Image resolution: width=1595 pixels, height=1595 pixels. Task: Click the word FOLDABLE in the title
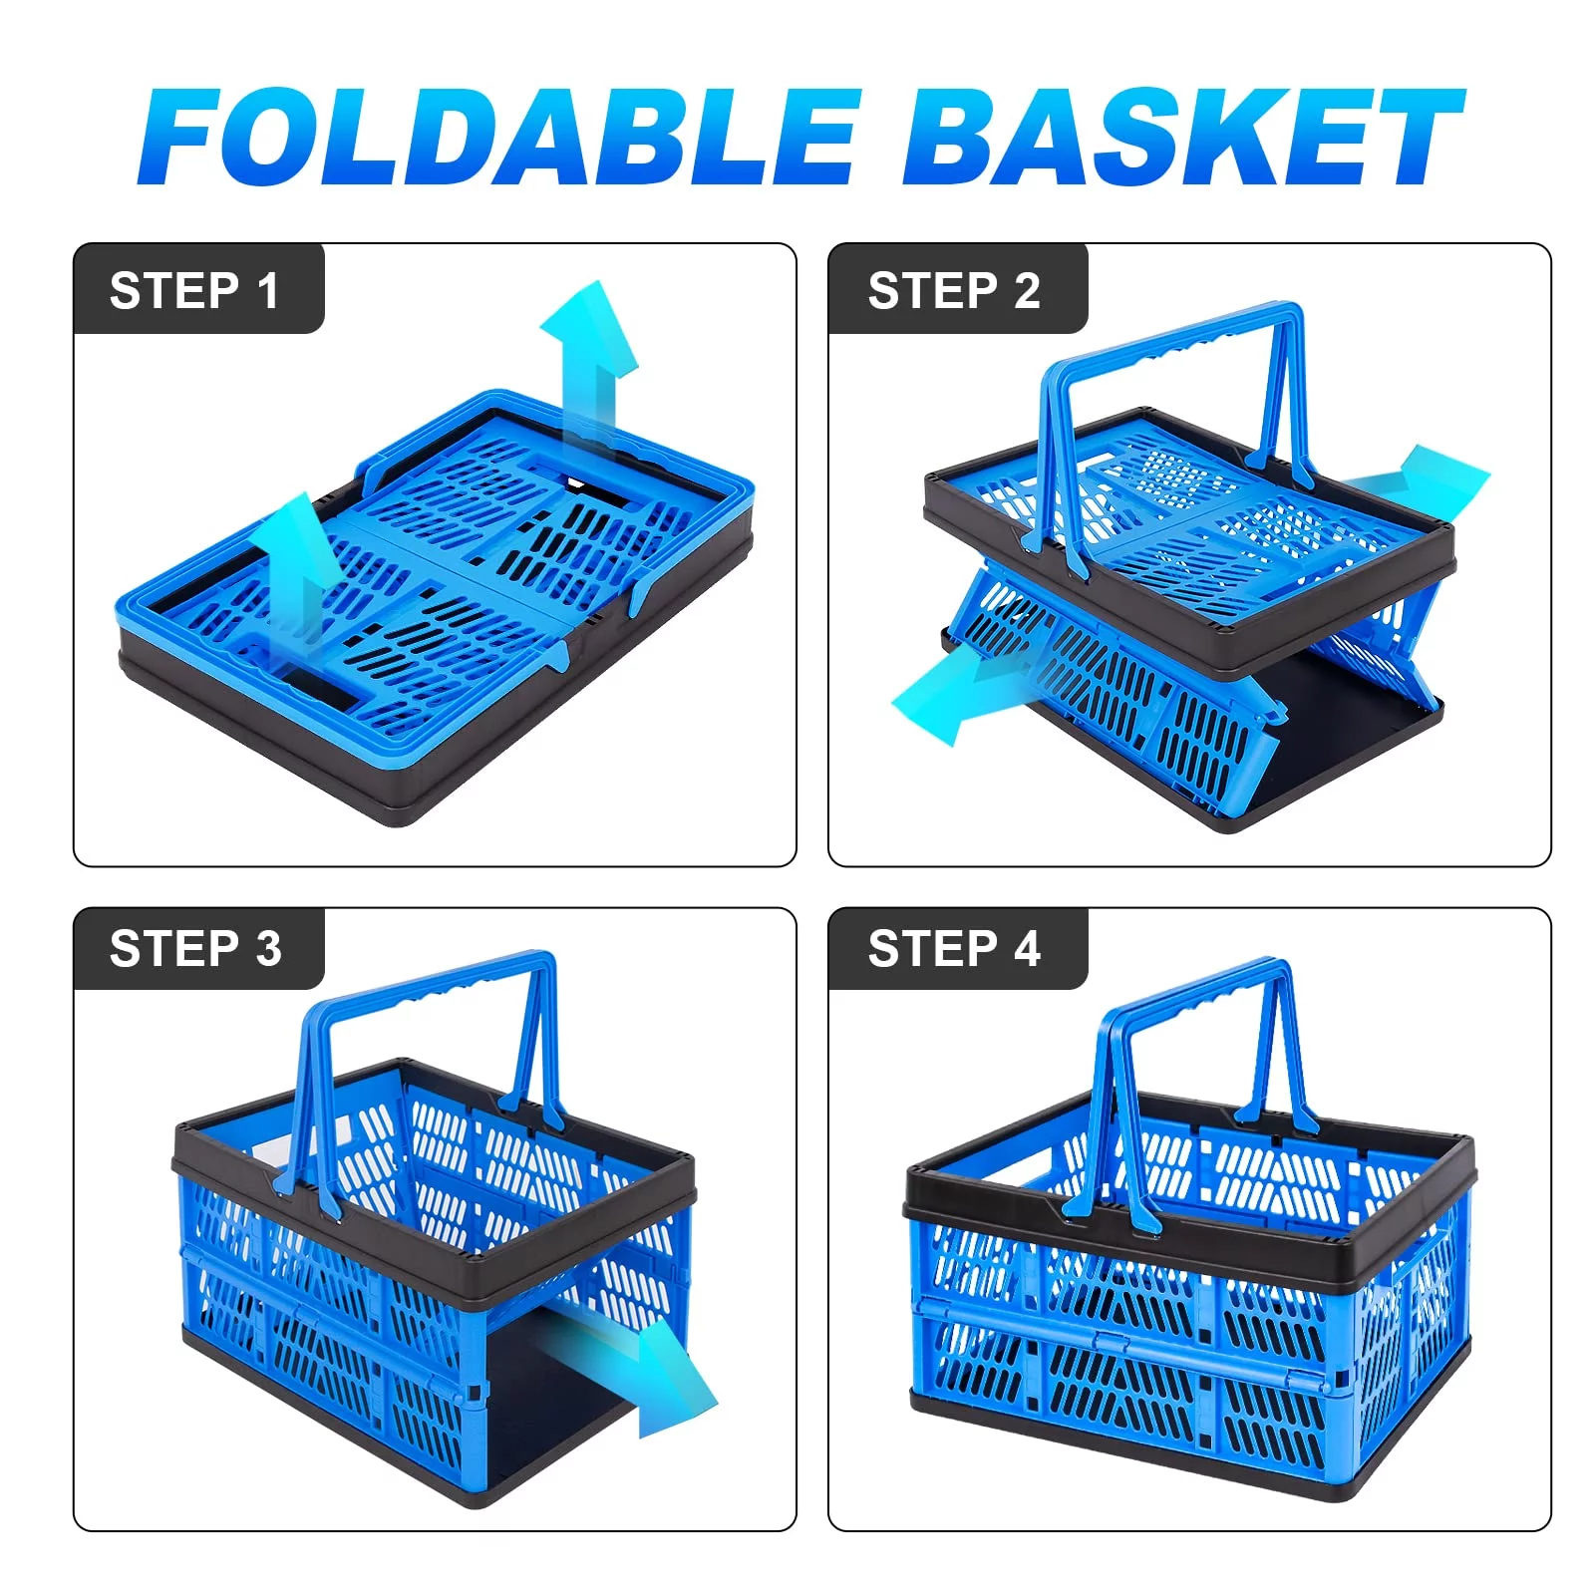point(498,137)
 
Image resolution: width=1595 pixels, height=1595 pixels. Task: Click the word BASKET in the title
point(1183,137)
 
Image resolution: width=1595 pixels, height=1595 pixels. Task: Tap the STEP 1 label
point(194,291)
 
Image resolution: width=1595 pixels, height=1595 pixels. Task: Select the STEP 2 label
point(954,291)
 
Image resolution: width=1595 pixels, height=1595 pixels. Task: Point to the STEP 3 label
point(195,948)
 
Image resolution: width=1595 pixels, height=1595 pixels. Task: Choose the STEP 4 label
point(954,948)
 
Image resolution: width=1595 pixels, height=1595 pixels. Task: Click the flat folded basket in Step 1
point(436,608)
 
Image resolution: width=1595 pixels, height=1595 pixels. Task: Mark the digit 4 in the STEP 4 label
point(1028,948)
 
